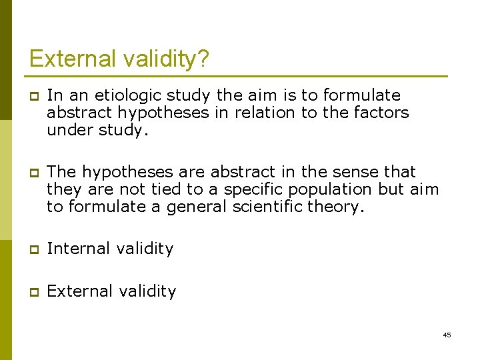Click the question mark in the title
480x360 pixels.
(x=202, y=59)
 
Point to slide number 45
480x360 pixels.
(x=447, y=335)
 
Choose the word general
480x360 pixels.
(x=191, y=207)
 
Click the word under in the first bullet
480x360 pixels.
(x=67, y=130)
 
